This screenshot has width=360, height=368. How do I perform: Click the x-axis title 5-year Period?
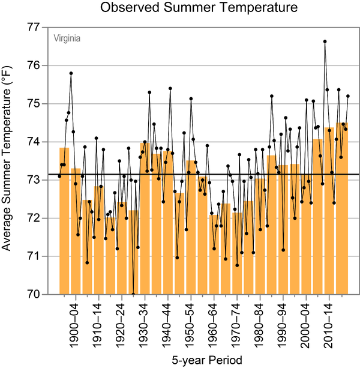click(x=200, y=361)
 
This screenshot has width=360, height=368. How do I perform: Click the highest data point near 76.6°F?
click(x=325, y=41)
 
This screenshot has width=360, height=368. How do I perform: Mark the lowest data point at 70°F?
click(x=133, y=294)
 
